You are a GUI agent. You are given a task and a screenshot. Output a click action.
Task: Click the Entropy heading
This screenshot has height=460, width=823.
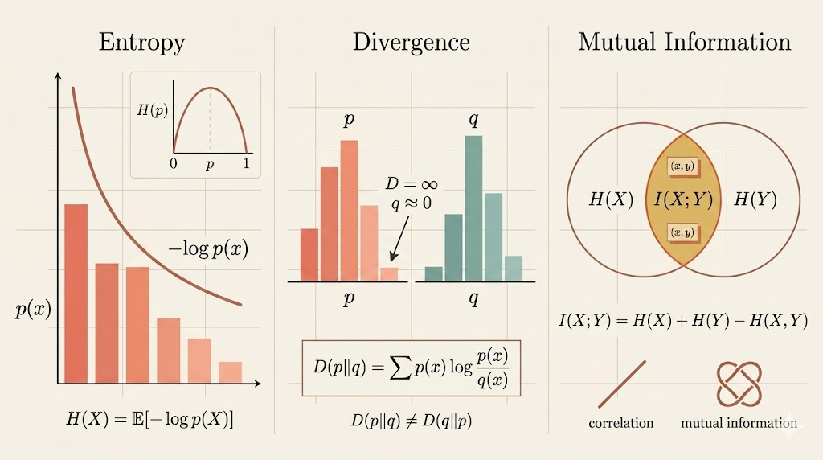click(141, 43)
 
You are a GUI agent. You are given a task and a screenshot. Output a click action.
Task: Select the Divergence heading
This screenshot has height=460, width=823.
click(411, 43)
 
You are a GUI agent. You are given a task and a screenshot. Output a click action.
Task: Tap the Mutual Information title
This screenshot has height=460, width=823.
click(685, 43)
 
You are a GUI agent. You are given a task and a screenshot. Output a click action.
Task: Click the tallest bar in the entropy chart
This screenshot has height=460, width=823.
click(76, 294)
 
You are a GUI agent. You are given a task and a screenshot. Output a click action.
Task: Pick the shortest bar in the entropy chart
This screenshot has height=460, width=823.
click(230, 372)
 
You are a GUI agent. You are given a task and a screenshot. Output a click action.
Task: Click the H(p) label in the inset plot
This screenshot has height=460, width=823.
click(153, 112)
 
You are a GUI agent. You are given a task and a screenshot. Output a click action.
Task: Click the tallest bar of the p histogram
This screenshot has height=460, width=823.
click(349, 211)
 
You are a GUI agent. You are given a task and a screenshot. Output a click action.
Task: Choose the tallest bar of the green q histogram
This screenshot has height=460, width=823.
click(473, 208)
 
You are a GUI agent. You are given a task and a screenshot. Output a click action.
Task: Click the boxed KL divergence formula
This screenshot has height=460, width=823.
click(411, 369)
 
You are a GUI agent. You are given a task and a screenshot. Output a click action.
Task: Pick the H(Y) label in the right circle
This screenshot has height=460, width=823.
click(755, 199)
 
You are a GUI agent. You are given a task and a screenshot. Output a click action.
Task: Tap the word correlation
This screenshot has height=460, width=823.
click(621, 423)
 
